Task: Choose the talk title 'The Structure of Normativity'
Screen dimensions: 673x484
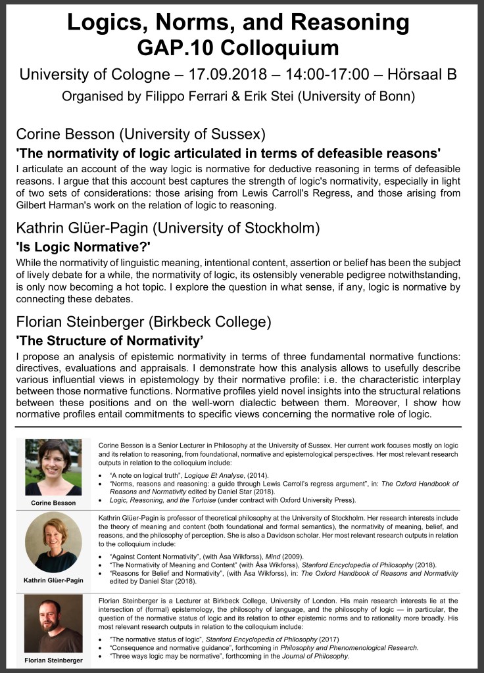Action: click(109, 341)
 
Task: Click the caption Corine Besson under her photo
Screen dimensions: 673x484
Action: click(53, 503)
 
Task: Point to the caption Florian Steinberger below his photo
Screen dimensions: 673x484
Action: click(53, 659)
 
